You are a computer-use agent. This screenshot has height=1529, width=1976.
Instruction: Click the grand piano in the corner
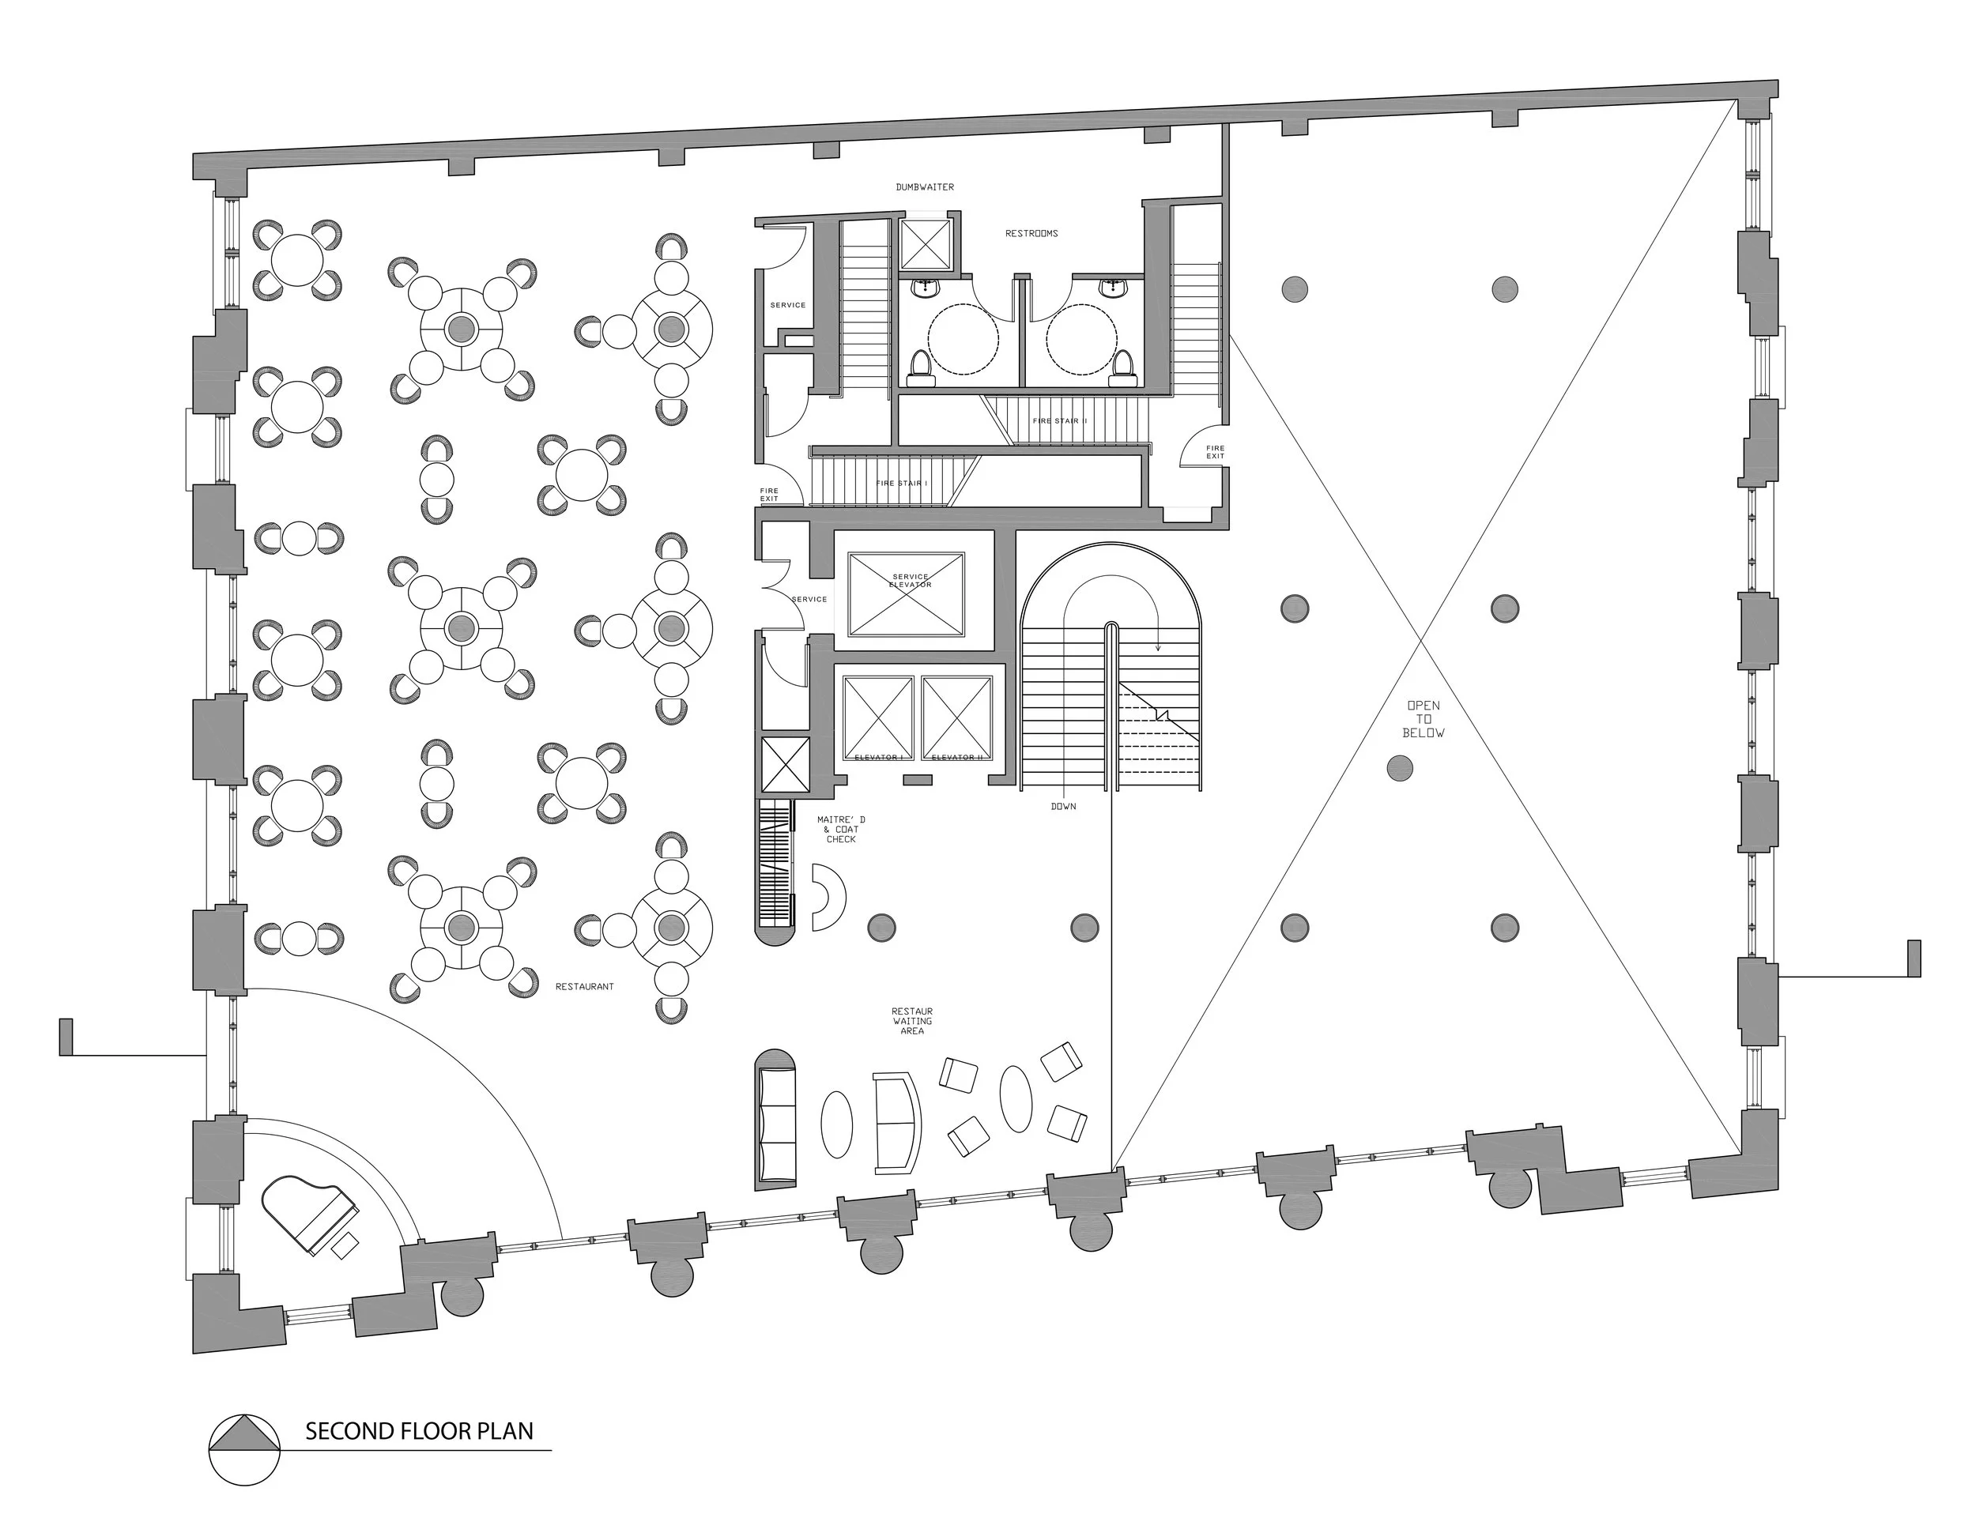point(307,1215)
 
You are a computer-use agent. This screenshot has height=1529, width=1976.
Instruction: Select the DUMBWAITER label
point(925,187)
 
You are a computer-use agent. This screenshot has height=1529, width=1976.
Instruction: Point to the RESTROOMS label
point(1031,233)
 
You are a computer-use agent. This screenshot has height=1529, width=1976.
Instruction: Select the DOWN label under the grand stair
point(1063,806)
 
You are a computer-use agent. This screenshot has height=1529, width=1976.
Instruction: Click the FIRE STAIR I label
point(901,483)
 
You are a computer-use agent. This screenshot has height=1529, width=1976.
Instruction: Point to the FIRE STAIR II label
point(1059,420)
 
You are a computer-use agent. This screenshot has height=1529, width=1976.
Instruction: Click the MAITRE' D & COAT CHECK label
point(840,829)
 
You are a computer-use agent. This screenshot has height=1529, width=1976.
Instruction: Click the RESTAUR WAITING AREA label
point(912,1021)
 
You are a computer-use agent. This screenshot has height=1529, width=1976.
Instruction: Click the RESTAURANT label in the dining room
point(584,986)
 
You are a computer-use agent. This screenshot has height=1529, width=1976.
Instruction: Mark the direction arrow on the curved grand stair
point(1157,644)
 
